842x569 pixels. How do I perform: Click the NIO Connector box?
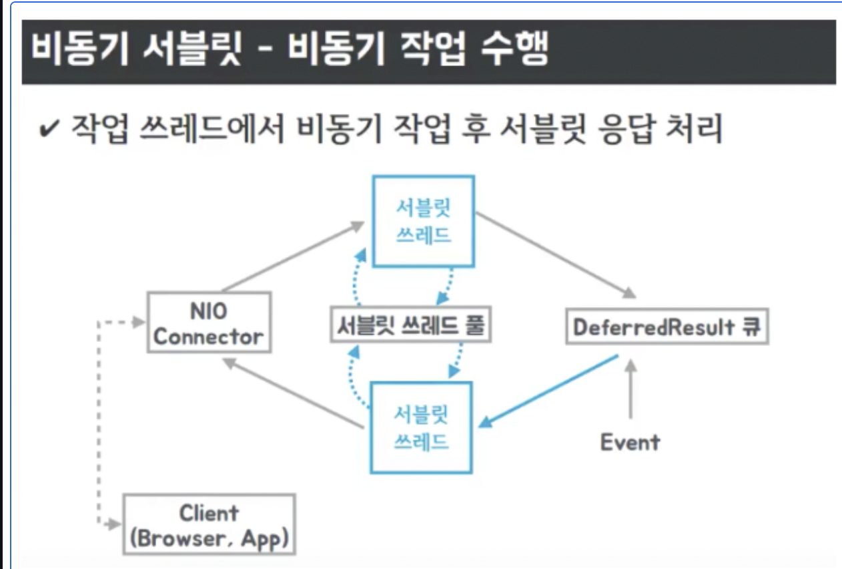pyautogui.click(x=208, y=323)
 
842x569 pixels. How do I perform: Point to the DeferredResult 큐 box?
pyautogui.click(x=667, y=327)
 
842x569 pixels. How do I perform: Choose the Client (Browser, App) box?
pyautogui.click(x=209, y=524)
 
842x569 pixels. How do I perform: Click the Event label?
pyautogui.click(x=630, y=442)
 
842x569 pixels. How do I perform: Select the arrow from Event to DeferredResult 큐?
pyautogui.click(x=629, y=394)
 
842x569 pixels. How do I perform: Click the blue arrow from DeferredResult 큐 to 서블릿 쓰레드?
pyautogui.click(x=550, y=391)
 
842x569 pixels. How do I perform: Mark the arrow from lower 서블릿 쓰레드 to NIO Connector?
pyautogui.click(x=294, y=394)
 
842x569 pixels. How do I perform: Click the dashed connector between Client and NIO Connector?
pyautogui.click(x=99, y=421)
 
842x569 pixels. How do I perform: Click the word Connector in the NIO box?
pyautogui.click(x=208, y=336)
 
